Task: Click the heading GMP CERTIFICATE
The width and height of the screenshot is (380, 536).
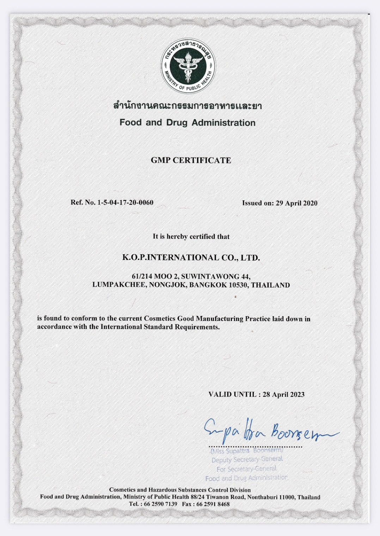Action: click(x=191, y=160)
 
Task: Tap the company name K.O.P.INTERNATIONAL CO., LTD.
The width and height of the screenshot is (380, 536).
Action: click(x=191, y=258)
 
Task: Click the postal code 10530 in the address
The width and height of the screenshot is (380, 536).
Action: click(x=239, y=285)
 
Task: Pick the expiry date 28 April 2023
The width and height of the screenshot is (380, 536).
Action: click(x=283, y=394)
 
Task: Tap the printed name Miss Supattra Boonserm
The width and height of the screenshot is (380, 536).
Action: click(x=247, y=451)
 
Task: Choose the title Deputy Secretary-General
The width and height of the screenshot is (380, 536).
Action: click(x=247, y=459)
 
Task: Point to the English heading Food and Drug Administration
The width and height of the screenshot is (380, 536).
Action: click(x=188, y=123)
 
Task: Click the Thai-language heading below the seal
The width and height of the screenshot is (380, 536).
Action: click(x=188, y=106)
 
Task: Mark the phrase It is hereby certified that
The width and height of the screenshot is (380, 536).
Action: click(x=191, y=237)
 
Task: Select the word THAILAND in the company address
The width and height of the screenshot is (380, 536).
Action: click(x=271, y=285)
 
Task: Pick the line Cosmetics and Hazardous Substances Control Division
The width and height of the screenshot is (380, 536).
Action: click(x=180, y=490)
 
